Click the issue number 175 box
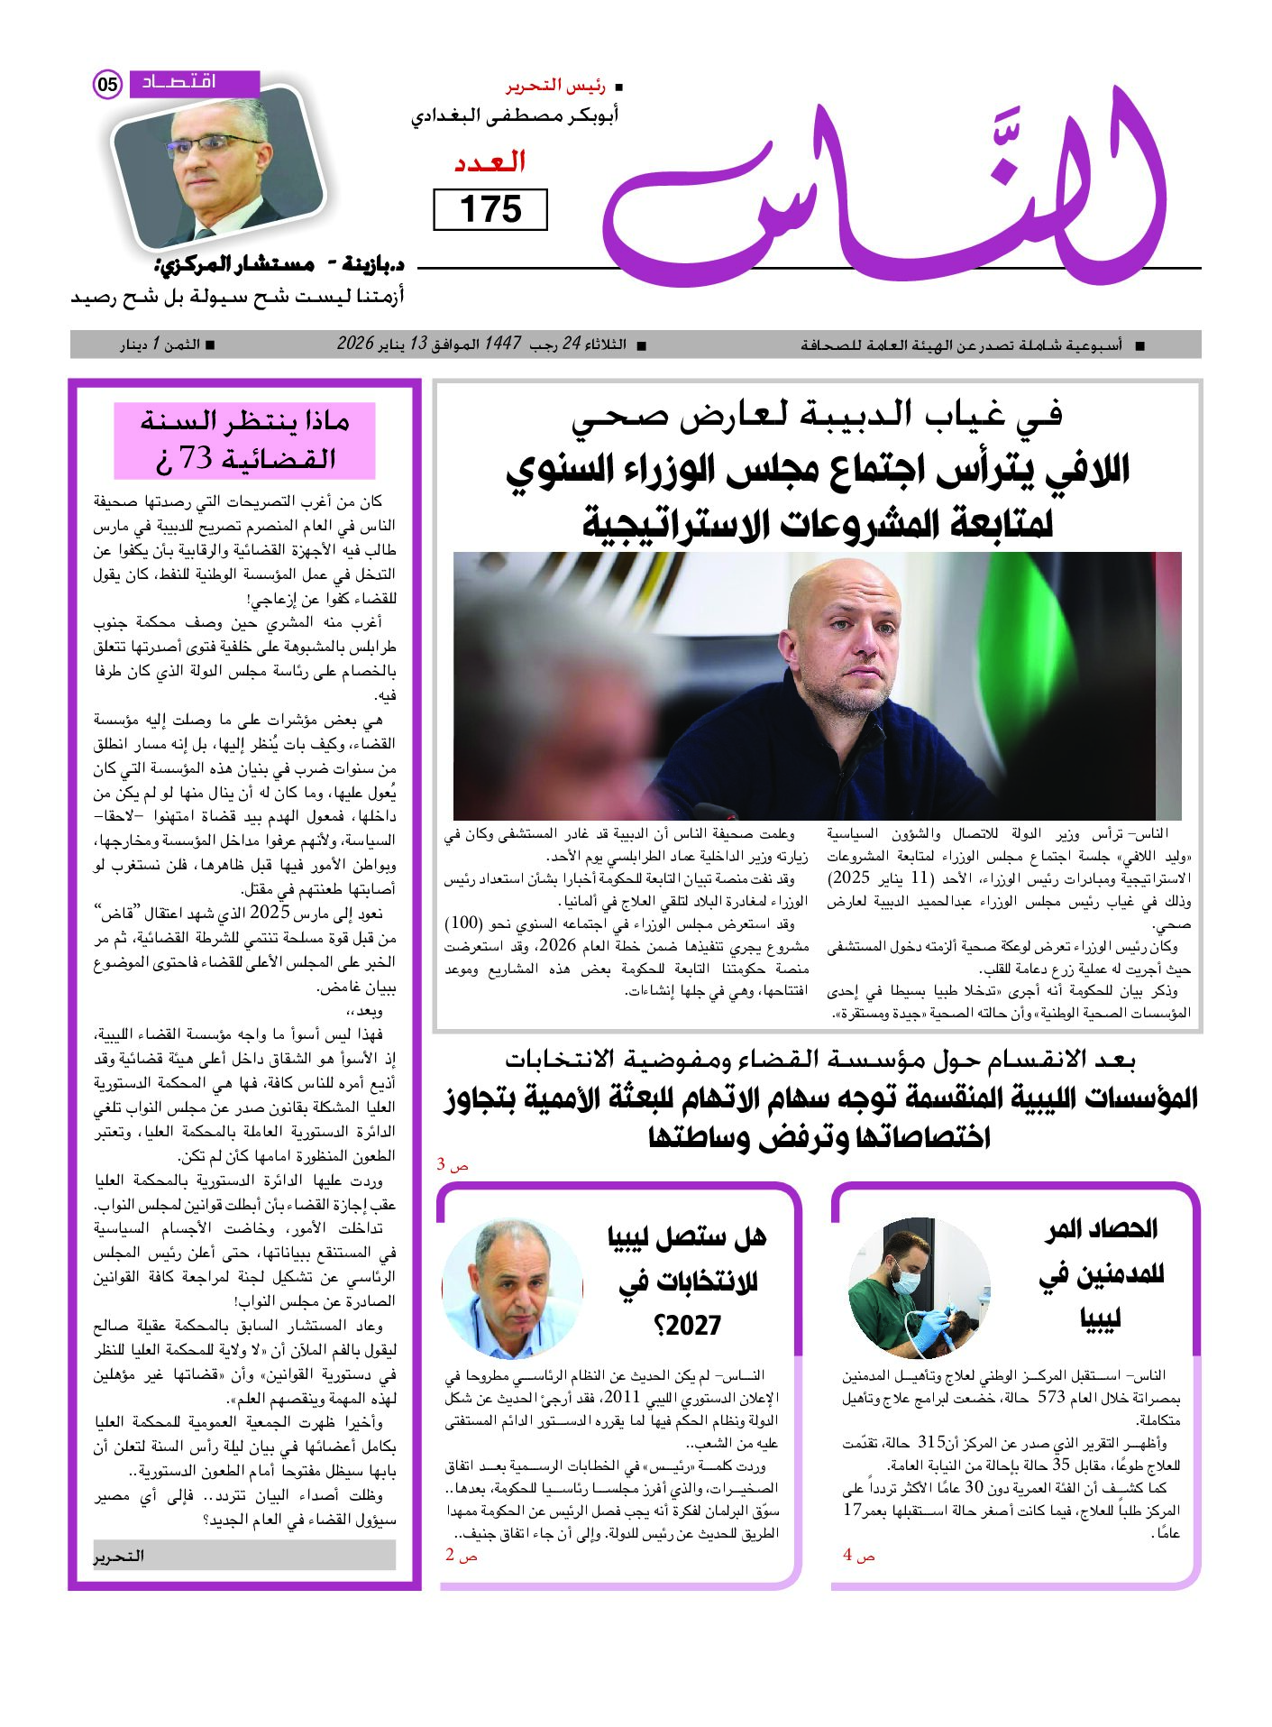(x=490, y=209)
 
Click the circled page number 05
(x=107, y=85)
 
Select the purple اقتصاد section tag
(x=194, y=83)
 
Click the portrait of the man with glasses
(x=216, y=168)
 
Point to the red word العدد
(x=490, y=162)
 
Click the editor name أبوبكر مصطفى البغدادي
(x=515, y=116)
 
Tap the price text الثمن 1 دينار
(x=167, y=344)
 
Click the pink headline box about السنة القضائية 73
(x=244, y=440)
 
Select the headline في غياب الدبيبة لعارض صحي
(x=816, y=414)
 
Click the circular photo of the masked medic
(x=919, y=1288)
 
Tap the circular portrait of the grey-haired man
(x=512, y=1288)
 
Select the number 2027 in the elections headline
(x=687, y=1326)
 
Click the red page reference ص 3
(x=453, y=1165)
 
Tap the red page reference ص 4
(x=858, y=1556)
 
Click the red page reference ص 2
(x=461, y=1556)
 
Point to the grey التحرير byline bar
(x=244, y=1556)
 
